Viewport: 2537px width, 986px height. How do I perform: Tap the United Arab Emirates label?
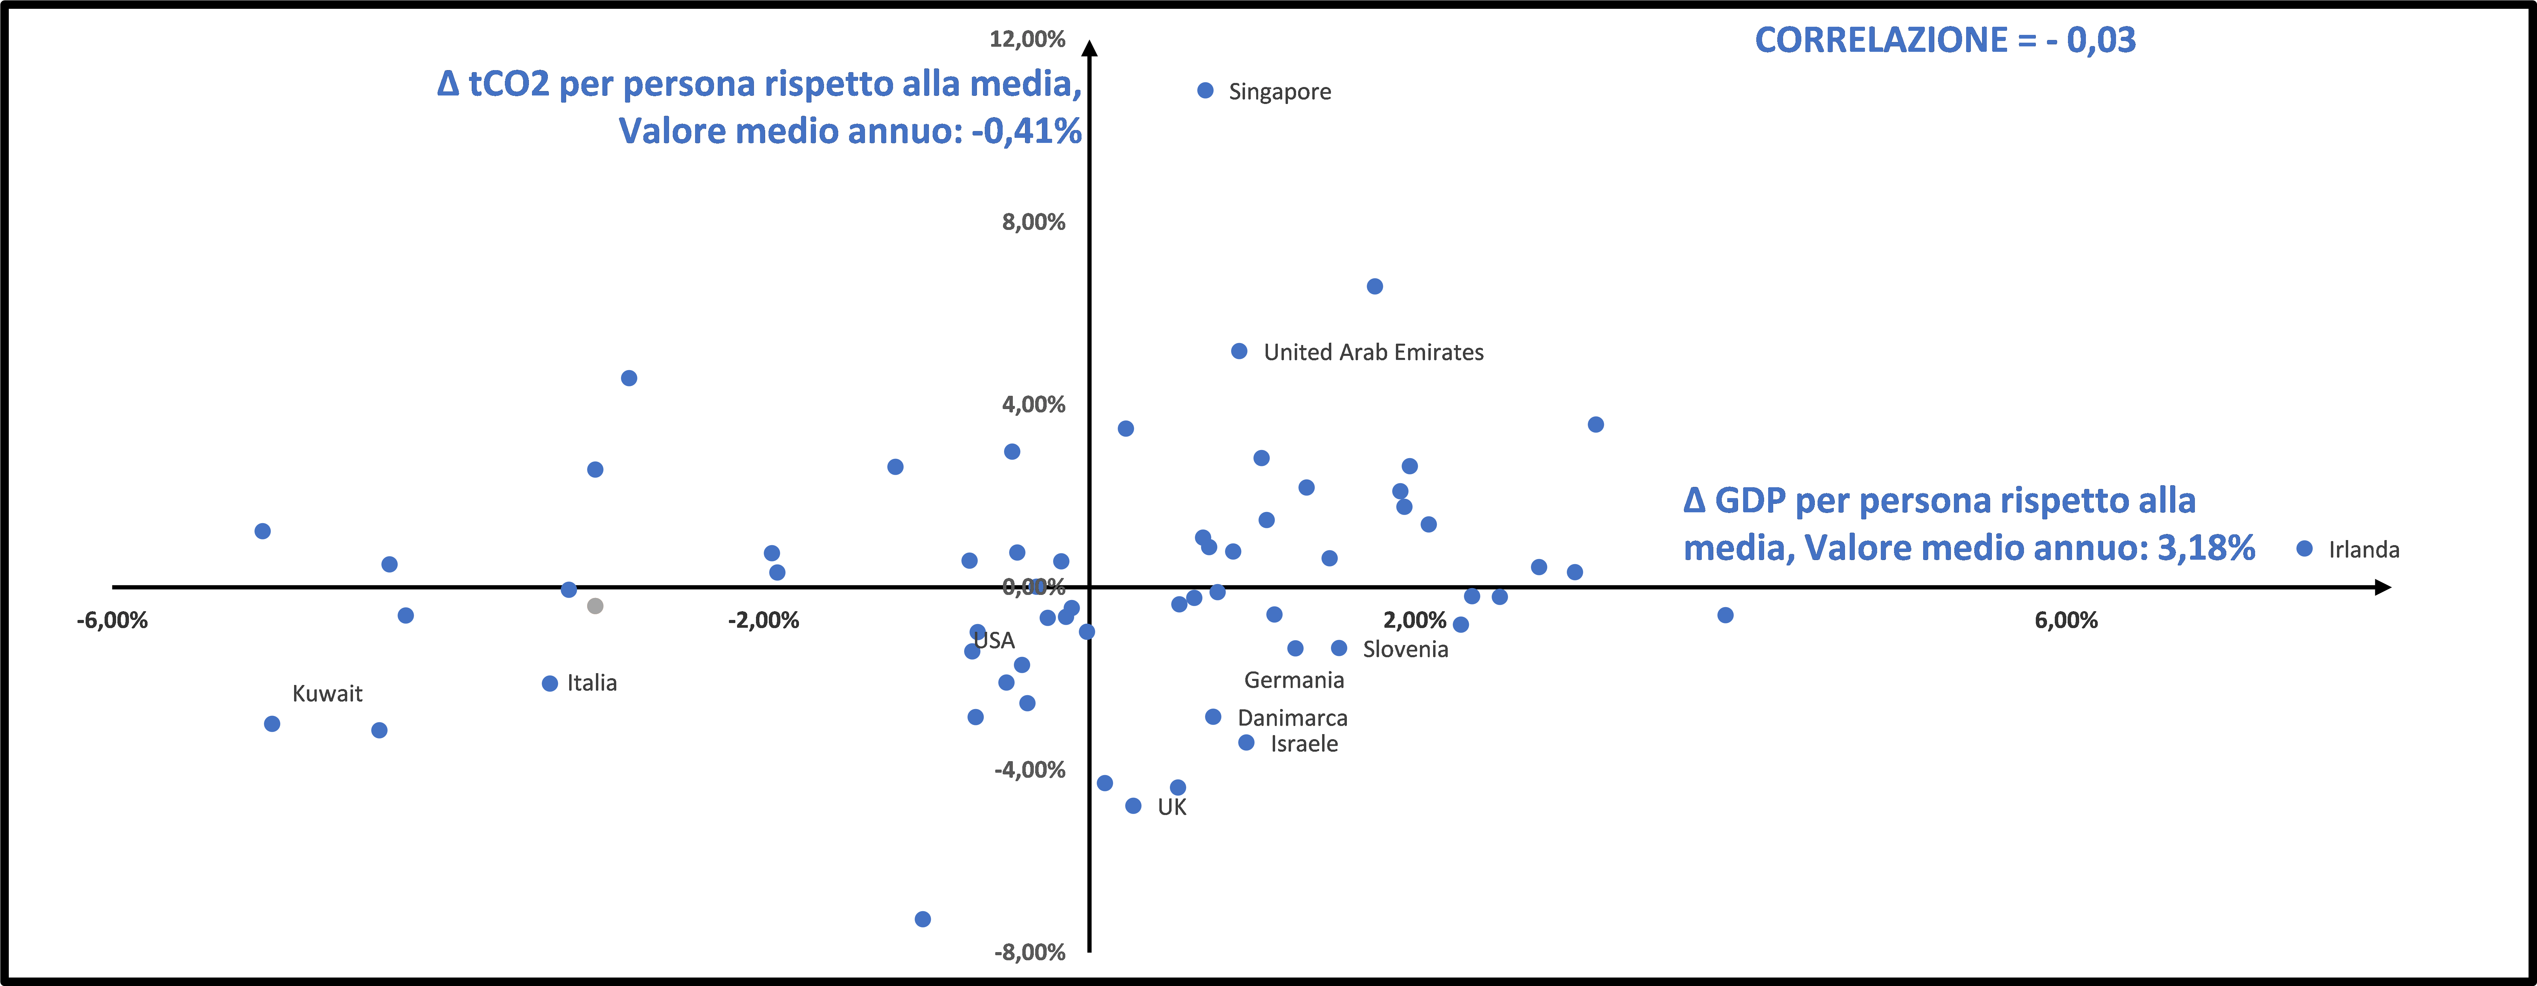coord(1373,352)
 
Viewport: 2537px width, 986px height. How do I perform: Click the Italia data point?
coord(550,684)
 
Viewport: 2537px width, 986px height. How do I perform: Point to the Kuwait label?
coord(327,693)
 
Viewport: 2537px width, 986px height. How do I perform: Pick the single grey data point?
coord(595,606)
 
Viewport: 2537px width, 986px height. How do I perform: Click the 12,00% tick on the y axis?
coord(1027,39)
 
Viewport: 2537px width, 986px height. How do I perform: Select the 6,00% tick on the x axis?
coord(2065,621)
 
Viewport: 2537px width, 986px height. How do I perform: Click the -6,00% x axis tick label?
coord(112,621)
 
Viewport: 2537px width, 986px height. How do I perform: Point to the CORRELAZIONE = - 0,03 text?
coord(1945,40)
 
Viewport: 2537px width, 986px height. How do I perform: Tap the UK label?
coord(1172,808)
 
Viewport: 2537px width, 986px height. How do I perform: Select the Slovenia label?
coord(1405,649)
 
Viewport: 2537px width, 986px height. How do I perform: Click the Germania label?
coord(1293,681)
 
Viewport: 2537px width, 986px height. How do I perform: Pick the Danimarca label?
coord(1292,718)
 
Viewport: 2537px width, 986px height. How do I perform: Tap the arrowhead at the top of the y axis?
coord(1089,47)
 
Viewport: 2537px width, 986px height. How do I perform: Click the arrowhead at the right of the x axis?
coord(2382,587)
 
